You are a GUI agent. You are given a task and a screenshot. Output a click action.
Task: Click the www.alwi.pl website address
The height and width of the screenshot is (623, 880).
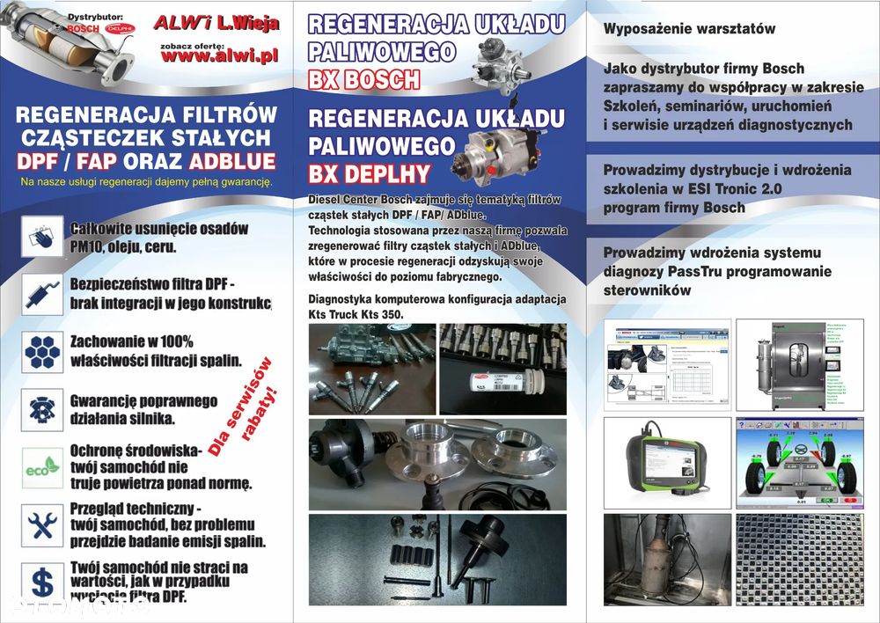[x=219, y=55]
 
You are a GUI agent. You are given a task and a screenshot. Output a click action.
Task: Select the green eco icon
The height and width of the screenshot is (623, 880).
[x=42, y=468]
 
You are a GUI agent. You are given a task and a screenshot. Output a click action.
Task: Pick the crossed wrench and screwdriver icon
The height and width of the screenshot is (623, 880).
[x=42, y=525]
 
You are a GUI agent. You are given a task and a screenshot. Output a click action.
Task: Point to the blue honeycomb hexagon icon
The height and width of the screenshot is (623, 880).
[x=42, y=352]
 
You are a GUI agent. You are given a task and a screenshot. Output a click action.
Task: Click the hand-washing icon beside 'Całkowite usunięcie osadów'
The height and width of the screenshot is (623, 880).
[x=42, y=237]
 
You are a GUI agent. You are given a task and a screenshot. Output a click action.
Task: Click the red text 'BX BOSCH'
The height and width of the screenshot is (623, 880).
[x=364, y=80]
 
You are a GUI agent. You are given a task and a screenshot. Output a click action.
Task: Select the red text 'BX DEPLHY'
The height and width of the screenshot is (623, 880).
[x=369, y=172]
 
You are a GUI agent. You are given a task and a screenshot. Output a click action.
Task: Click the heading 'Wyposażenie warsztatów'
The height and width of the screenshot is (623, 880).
[x=689, y=28]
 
